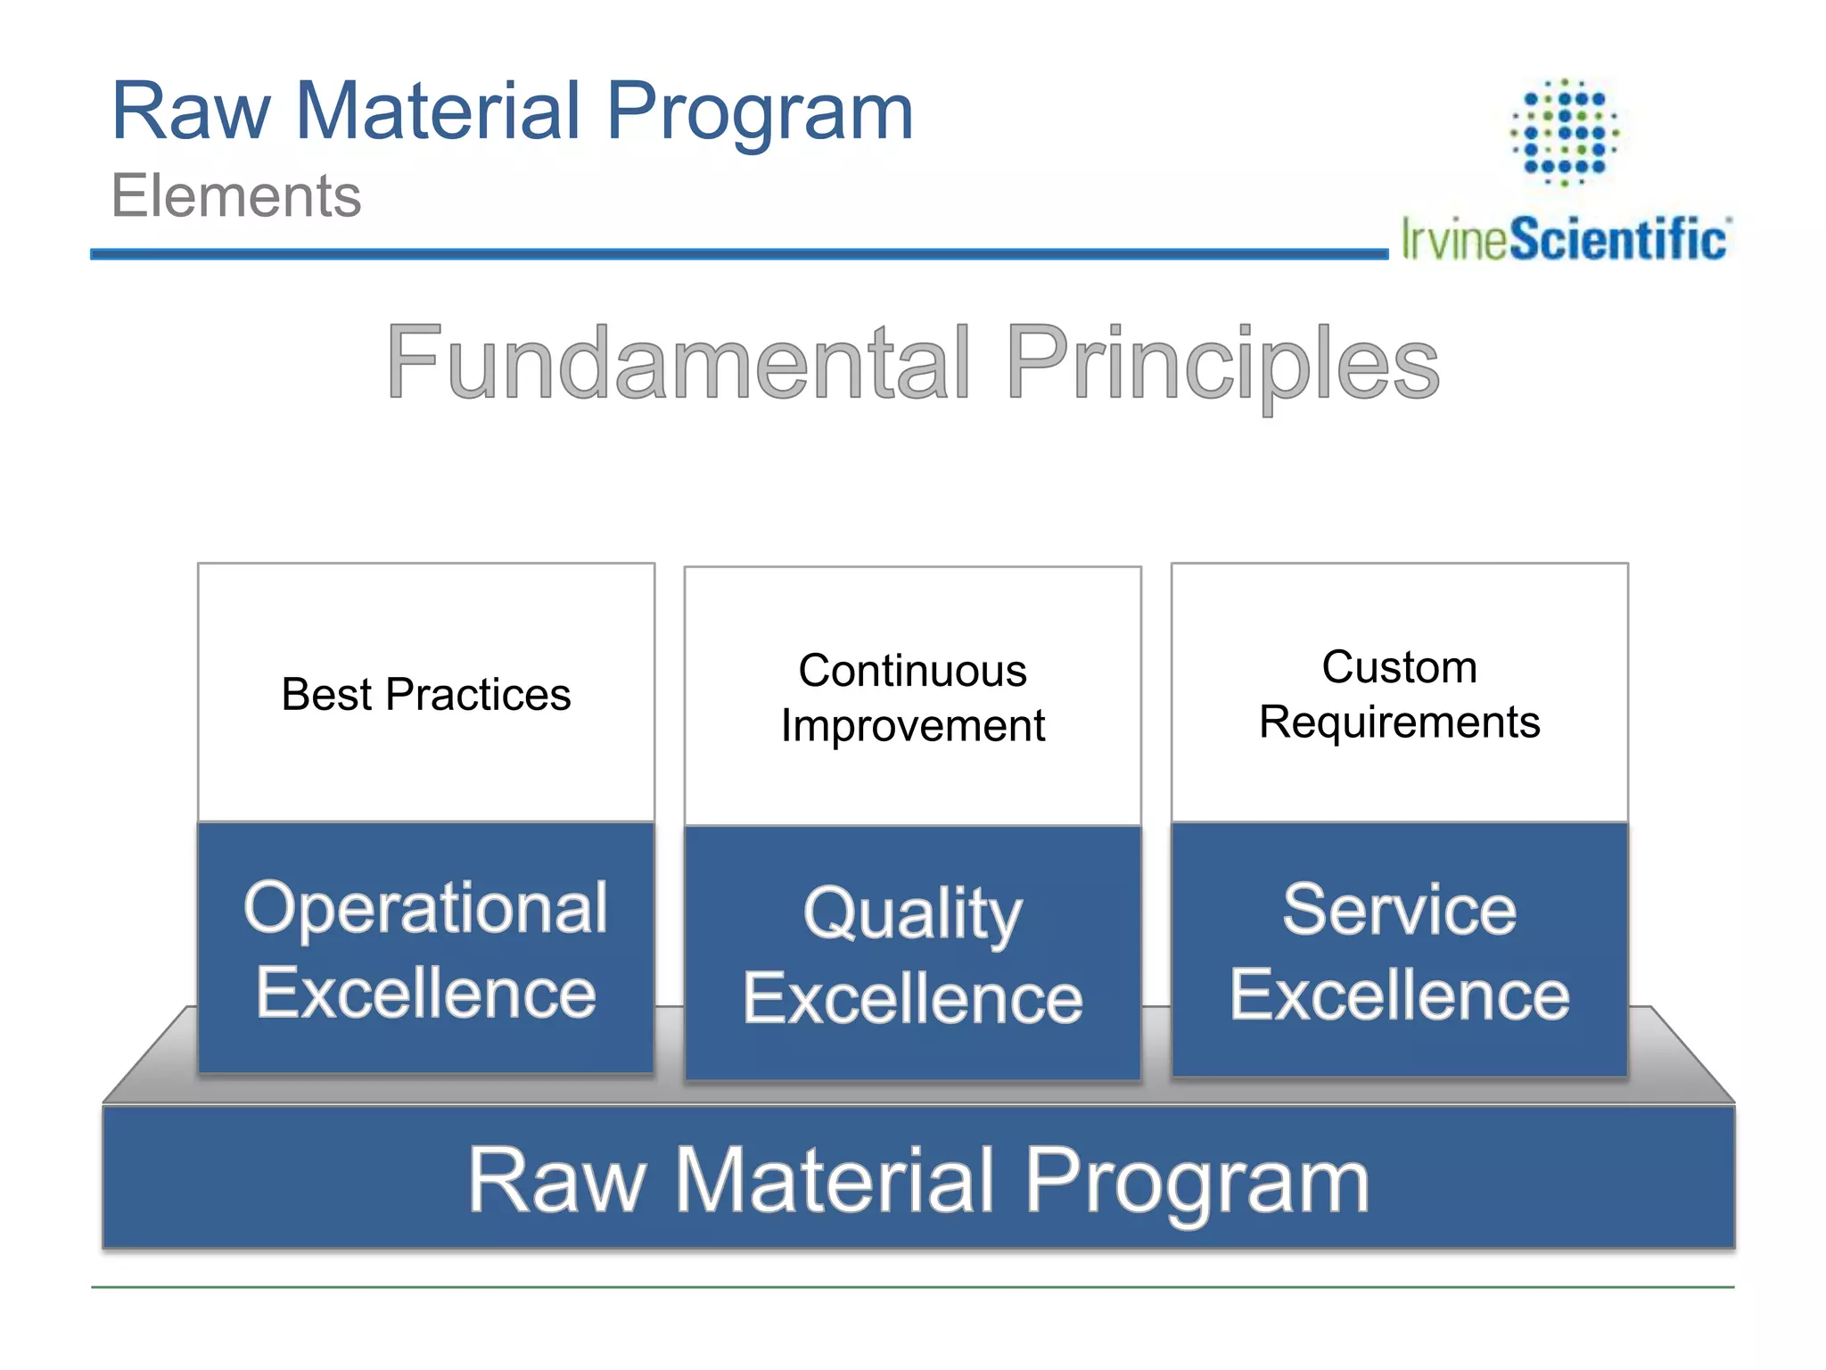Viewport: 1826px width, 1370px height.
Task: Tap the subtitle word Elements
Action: pyautogui.click(x=236, y=196)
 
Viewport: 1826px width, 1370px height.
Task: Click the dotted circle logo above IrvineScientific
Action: pyautogui.click(x=1565, y=132)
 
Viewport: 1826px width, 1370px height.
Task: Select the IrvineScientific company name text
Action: pyautogui.click(x=1565, y=239)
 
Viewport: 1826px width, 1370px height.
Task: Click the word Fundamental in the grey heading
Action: pyautogui.click(x=678, y=362)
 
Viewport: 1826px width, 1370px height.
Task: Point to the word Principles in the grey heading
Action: pyautogui.click(x=1222, y=362)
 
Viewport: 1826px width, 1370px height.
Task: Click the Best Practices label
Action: pyautogui.click(x=426, y=695)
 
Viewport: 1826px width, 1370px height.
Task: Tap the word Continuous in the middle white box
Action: pyautogui.click(x=912, y=671)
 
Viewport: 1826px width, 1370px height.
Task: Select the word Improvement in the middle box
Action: pyautogui.click(x=912, y=725)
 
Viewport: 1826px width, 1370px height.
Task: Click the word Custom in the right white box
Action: pyautogui.click(x=1399, y=667)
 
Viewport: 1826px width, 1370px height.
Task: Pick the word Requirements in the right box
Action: pyautogui.click(x=1399, y=722)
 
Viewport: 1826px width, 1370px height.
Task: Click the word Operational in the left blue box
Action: pyautogui.click(x=426, y=909)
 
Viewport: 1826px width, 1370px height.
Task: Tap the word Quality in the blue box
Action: pyautogui.click(x=912, y=914)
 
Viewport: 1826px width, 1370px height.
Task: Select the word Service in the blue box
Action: pyautogui.click(x=1399, y=911)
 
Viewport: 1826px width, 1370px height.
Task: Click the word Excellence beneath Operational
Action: pyautogui.click(x=426, y=994)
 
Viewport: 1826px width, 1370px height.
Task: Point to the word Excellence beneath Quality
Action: pyautogui.click(x=912, y=999)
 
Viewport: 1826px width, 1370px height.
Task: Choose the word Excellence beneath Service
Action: pyautogui.click(x=1399, y=995)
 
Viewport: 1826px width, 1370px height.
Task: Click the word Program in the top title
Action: pyautogui.click(x=760, y=113)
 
